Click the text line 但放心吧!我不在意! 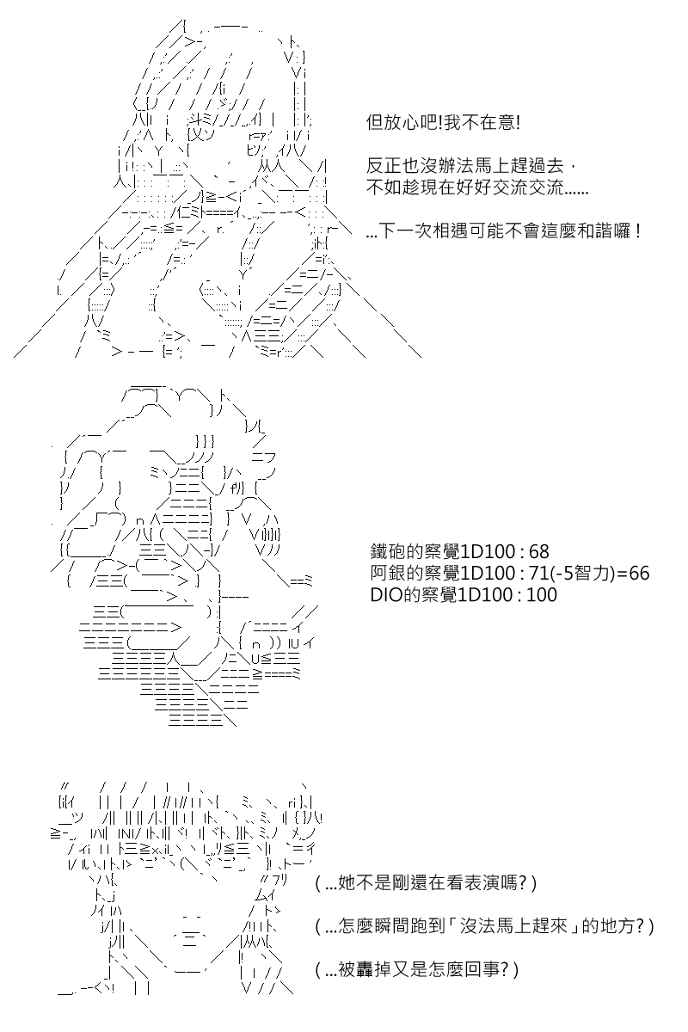click(x=443, y=123)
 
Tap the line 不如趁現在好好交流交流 click(x=477, y=187)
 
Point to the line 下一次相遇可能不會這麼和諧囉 click(x=503, y=230)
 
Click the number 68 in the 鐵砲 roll click(x=538, y=551)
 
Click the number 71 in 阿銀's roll click(x=538, y=573)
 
